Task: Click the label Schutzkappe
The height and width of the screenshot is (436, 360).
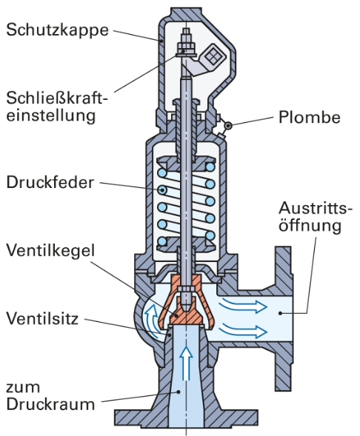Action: pos(57,30)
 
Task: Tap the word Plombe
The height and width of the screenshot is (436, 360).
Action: pos(310,117)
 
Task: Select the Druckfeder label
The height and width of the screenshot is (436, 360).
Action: pos(50,182)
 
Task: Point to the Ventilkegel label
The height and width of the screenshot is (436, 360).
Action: pos(50,251)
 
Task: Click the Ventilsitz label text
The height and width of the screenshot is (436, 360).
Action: pos(42,318)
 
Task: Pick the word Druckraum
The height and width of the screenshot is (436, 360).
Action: pos(50,404)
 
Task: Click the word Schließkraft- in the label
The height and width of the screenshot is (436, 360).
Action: pos(57,98)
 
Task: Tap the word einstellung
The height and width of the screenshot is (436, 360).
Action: pos(51,115)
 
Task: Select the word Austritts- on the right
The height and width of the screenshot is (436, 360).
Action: pos(316,208)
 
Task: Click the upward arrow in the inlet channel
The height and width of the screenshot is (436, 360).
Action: pos(186,363)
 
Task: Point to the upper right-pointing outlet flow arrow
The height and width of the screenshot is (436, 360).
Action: pos(243,305)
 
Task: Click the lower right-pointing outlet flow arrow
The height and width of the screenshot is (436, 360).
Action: pos(243,330)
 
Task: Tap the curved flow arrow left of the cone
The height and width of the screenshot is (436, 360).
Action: pos(152,320)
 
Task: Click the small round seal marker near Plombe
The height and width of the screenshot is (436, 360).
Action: pos(229,126)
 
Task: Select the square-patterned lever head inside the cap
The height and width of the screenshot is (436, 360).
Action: pos(213,58)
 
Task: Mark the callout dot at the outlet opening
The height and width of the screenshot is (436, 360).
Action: pos(281,313)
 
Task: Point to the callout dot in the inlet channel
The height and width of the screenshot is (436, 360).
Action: pos(179,392)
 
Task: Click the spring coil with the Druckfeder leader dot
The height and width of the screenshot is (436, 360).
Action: pos(162,190)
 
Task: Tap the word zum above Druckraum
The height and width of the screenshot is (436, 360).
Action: pos(23,387)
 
